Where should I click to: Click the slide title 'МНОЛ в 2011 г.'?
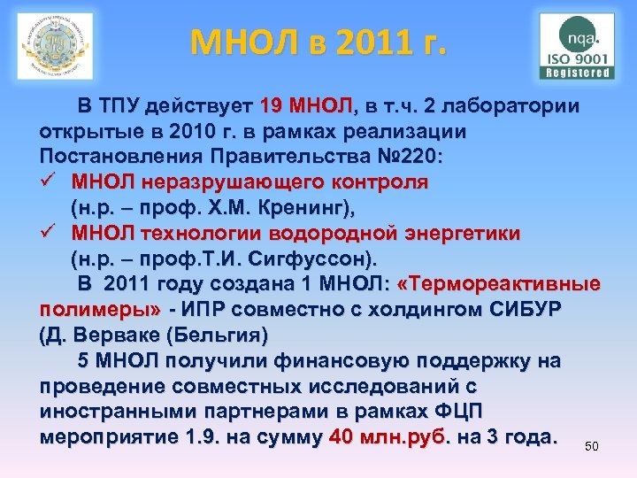tap(318, 41)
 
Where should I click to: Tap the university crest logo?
tap(55, 46)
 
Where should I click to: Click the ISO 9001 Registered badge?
tap(579, 46)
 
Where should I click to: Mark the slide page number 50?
tap(592, 446)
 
